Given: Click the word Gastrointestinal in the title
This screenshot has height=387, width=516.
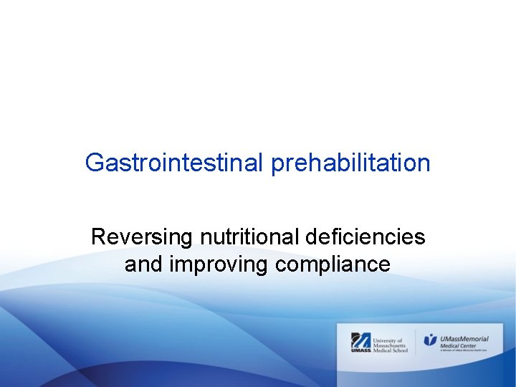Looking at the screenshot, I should pos(175,163).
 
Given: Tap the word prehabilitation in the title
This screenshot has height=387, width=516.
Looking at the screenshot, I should pos(351,163).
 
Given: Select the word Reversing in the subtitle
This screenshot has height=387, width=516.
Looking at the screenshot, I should pos(143,237).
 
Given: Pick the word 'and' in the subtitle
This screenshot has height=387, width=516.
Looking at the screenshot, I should pos(144,264).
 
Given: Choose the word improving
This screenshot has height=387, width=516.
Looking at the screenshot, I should pos(219,264).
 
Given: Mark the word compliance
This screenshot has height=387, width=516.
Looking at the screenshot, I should pos(333,264).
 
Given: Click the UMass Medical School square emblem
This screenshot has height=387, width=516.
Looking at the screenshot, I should pos(360,339).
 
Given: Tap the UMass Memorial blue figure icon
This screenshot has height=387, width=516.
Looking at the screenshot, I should pos(430,340).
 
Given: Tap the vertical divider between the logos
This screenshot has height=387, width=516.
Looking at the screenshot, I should pos(416,341).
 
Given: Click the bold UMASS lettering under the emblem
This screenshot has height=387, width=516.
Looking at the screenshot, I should pos(360,350).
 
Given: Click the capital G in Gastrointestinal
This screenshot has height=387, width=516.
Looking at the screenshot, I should pos(94,163).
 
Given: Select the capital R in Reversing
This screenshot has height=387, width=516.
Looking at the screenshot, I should pos(98,237).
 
